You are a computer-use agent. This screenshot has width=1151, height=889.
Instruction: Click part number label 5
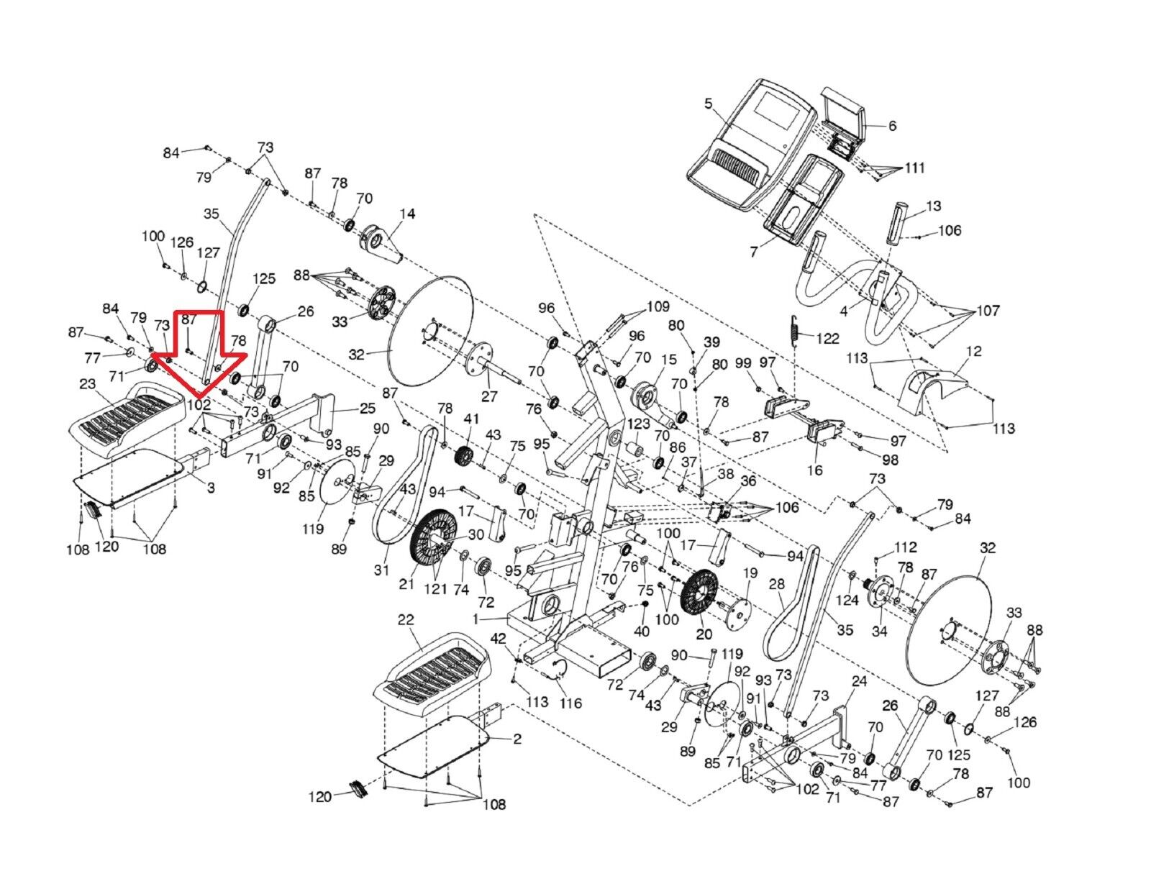[709, 104]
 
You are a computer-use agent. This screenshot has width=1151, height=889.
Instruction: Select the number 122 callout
[828, 338]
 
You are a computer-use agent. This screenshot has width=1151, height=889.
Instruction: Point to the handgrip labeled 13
[899, 222]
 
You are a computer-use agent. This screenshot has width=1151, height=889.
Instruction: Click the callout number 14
[407, 214]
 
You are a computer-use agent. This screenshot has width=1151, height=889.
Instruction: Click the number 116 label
[570, 703]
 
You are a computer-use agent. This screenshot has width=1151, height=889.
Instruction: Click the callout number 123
[639, 424]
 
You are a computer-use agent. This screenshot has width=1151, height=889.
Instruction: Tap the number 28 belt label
[776, 585]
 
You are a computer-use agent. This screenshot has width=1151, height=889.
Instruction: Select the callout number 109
[658, 306]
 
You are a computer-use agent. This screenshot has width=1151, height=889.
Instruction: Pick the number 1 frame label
[476, 619]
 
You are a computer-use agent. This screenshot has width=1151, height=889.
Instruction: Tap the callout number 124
[847, 601]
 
